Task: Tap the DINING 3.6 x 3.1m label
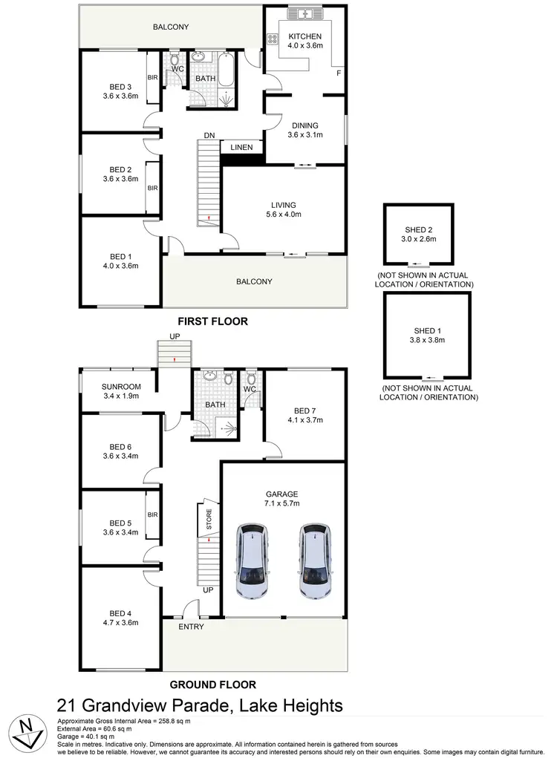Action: tap(305, 130)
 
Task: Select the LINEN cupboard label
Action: tap(241, 148)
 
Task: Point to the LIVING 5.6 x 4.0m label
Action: tap(284, 209)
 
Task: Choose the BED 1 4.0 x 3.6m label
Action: tap(120, 261)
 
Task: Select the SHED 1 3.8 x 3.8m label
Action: tap(427, 338)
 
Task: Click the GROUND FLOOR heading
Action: tap(213, 685)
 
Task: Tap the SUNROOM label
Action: tap(120, 391)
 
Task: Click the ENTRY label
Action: tap(191, 627)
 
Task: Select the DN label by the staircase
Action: tap(210, 136)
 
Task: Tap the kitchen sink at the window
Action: tap(305, 14)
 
